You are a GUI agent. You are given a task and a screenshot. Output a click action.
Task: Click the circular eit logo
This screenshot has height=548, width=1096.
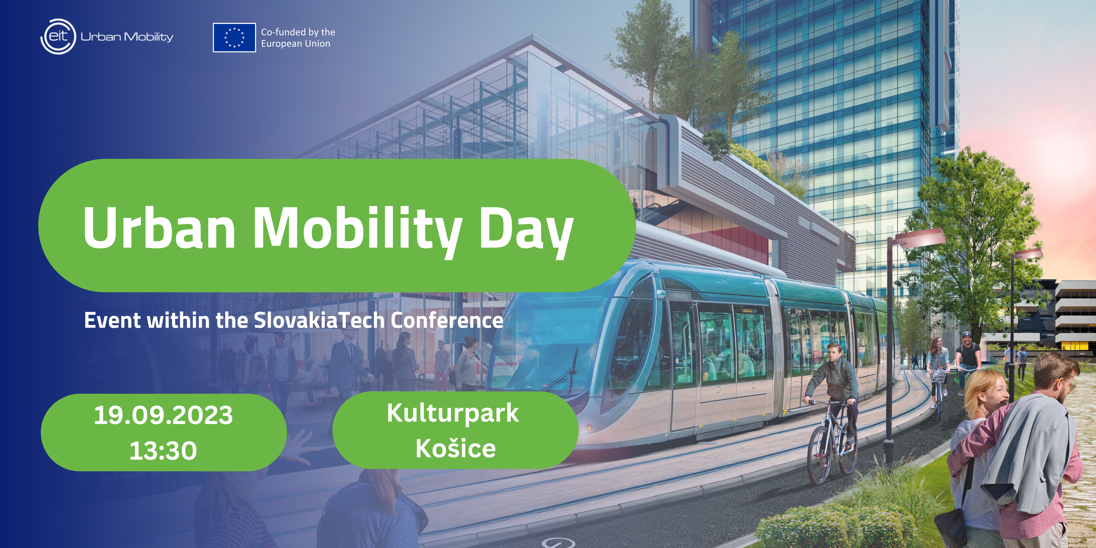(58, 37)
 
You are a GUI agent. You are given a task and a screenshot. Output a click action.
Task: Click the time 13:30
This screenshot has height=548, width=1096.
(163, 451)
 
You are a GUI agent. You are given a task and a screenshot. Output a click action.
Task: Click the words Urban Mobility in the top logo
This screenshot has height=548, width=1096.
(127, 37)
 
